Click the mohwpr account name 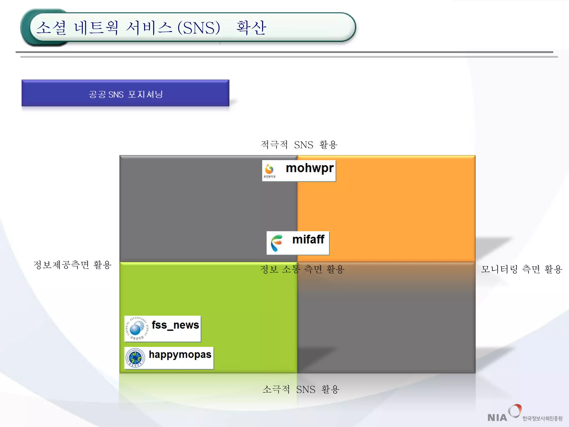pyautogui.click(x=310, y=168)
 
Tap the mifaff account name pyautogui.click(x=308, y=239)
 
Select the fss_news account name pyautogui.click(x=175, y=325)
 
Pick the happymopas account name pyautogui.click(x=180, y=354)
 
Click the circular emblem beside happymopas pyautogui.click(x=135, y=358)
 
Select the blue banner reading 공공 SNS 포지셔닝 pyautogui.click(x=125, y=93)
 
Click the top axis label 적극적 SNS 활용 pyautogui.click(x=299, y=145)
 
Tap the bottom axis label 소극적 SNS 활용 pyautogui.click(x=301, y=389)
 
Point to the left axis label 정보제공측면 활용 pyautogui.click(x=72, y=265)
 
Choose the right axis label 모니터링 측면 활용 pyautogui.click(x=521, y=269)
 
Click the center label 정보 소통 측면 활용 pyautogui.click(x=302, y=269)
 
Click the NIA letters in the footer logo pyautogui.click(x=497, y=418)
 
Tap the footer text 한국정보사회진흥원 pyautogui.click(x=542, y=418)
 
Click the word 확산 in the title pyautogui.click(x=251, y=28)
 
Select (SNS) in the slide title pyautogui.click(x=199, y=28)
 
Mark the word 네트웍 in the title pyautogui.click(x=96, y=28)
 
